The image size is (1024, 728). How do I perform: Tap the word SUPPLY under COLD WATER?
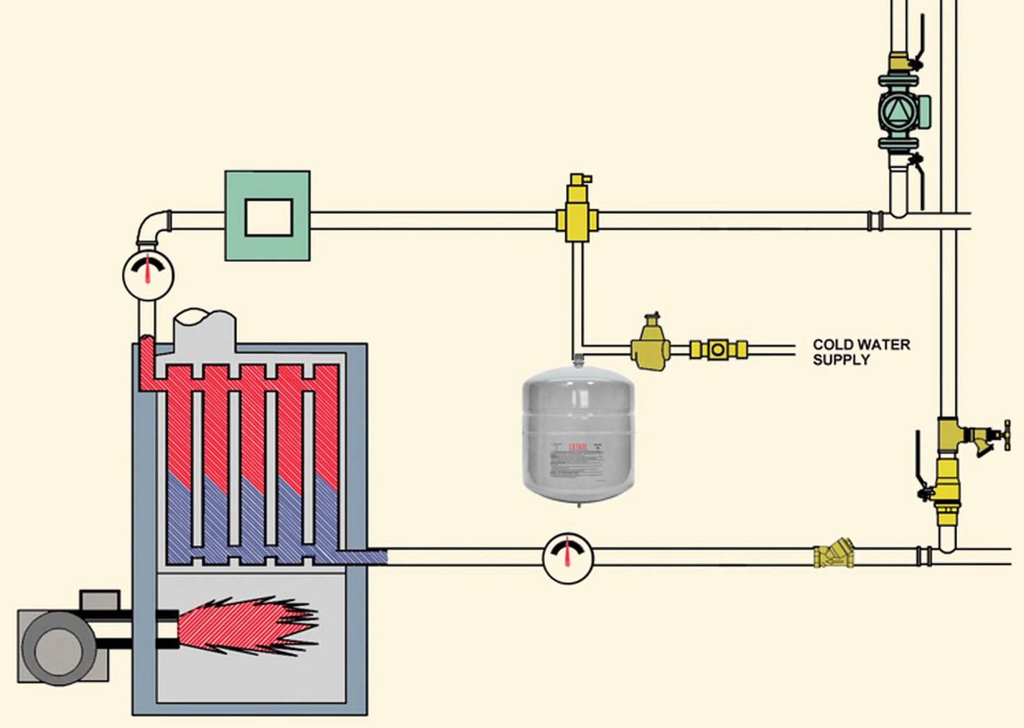[841, 360]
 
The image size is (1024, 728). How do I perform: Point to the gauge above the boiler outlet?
[148, 274]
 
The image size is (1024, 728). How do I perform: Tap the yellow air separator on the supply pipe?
[576, 216]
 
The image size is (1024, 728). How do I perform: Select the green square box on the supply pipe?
[268, 215]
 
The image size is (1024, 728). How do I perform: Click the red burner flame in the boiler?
[244, 625]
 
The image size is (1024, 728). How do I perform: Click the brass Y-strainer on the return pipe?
[834, 556]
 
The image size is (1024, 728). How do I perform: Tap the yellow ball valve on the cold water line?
[718, 350]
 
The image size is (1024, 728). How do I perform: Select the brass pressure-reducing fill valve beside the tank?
[651, 345]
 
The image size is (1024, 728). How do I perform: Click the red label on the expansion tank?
[578, 447]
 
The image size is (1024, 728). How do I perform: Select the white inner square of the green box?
[269, 217]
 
